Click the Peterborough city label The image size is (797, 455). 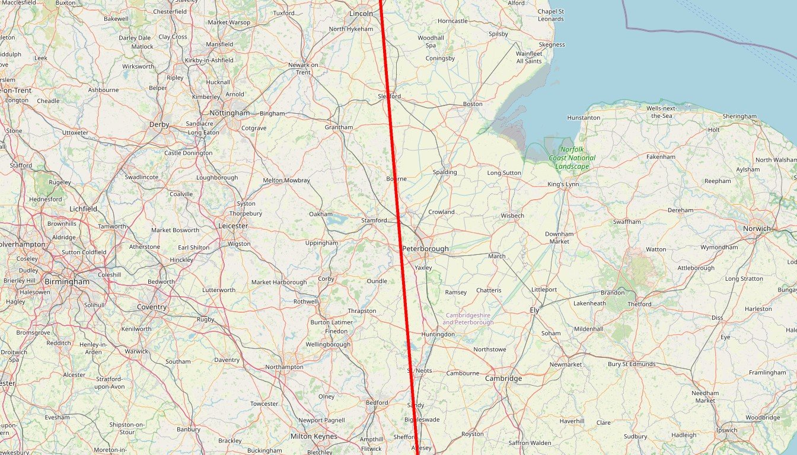(425, 249)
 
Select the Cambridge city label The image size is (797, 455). (503, 379)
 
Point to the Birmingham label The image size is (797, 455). (67, 282)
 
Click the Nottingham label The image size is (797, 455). (229, 113)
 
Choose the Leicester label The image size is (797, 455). (233, 226)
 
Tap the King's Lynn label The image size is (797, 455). (563, 184)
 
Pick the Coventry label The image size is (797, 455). (152, 307)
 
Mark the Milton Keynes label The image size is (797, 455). (314, 437)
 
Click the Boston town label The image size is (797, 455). (473, 104)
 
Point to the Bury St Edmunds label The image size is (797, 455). (632, 364)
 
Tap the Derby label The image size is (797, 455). (160, 125)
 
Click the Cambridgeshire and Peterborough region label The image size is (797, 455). (468, 319)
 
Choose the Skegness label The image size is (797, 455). (552, 45)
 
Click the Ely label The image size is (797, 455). (534, 310)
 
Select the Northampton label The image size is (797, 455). (284, 367)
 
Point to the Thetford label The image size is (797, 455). (639, 305)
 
